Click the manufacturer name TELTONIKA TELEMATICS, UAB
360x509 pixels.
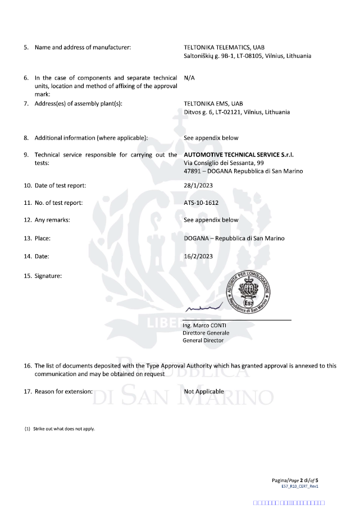(x=224, y=47)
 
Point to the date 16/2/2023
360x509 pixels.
(x=197, y=256)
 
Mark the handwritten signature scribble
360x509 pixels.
(x=204, y=308)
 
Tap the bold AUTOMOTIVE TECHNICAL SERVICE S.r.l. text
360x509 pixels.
(x=239, y=154)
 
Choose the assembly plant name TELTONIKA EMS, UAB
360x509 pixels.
(x=213, y=104)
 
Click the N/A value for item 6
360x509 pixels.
(x=190, y=78)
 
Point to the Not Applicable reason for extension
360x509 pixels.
(x=204, y=391)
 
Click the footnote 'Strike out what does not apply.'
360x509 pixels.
(x=63, y=429)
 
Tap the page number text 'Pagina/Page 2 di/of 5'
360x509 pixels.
(x=295, y=480)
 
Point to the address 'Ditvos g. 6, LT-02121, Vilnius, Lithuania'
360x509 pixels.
(x=237, y=112)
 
